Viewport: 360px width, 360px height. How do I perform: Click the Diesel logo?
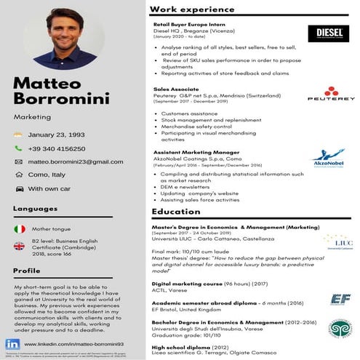pos(328,33)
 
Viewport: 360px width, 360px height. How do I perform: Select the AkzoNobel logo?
pos(328,158)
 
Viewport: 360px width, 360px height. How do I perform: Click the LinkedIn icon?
pos(13,343)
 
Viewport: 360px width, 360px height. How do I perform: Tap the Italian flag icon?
pos(20,229)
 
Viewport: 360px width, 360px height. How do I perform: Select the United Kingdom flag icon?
pos(20,246)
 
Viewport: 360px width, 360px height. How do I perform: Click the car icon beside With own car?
pos(19,188)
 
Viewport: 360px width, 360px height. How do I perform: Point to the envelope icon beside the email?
pos(19,161)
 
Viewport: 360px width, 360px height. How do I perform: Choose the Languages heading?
pos(36,209)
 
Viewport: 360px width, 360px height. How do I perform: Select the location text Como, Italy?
pos(47,175)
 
